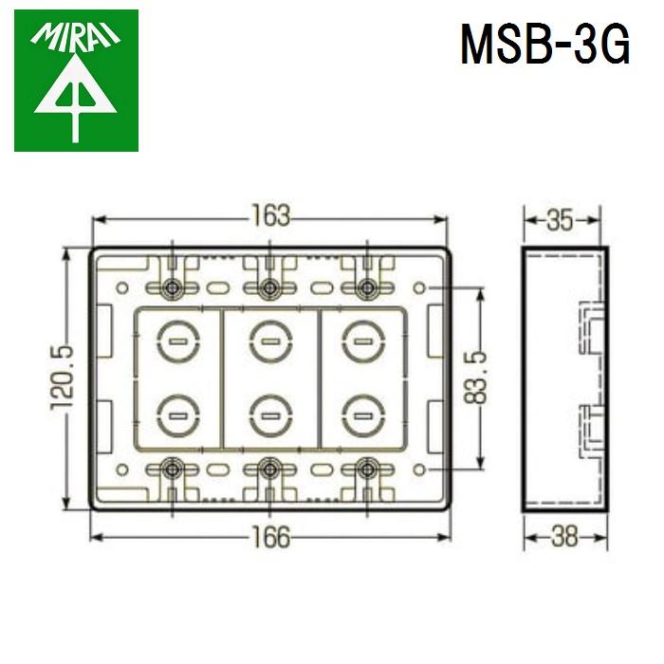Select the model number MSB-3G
click(x=544, y=46)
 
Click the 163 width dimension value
click(x=269, y=216)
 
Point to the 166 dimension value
click(x=269, y=536)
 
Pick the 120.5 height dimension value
click(x=64, y=378)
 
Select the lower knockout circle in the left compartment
click(x=175, y=414)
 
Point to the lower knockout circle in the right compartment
click(x=362, y=414)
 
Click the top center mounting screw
click(x=269, y=287)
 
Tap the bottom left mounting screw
click(x=172, y=468)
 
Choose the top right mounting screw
click(x=367, y=287)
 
